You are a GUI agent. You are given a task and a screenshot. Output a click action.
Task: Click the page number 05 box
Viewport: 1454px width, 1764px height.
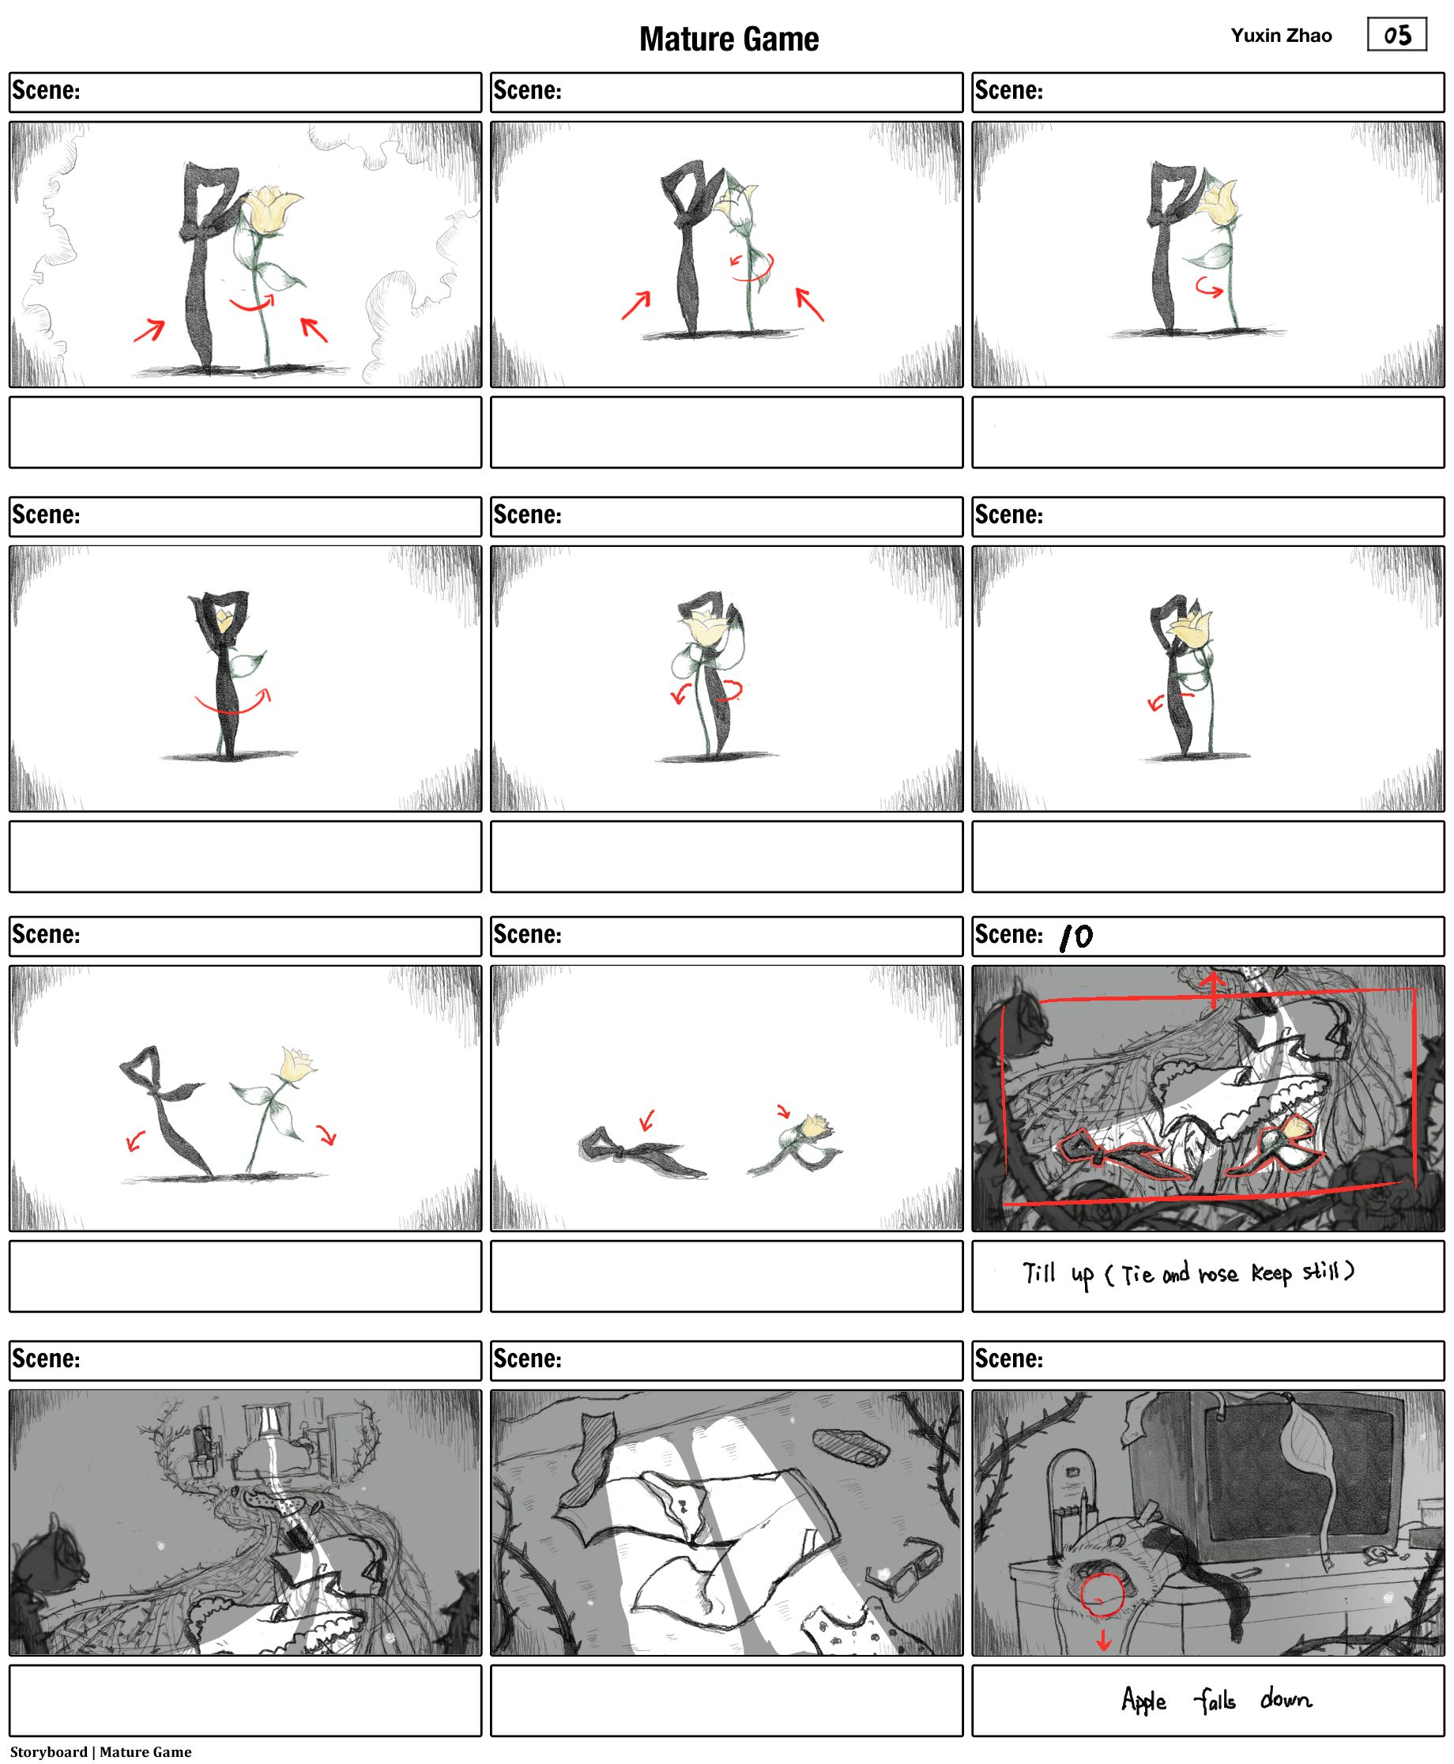[x=1396, y=34]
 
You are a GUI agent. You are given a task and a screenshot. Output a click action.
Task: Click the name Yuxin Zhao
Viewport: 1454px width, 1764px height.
[x=1281, y=36]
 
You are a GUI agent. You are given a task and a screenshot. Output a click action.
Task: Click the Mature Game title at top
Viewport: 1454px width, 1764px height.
[x=729, y=40]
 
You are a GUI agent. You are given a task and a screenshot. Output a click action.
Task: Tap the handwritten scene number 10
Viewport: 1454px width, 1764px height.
[x=1076, y=937]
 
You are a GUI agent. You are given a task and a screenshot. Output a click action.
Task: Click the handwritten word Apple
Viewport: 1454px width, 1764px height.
[x=1143, y=1699]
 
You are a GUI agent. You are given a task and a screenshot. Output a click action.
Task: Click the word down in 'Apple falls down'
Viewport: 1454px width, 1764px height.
[x=1286, y=1698]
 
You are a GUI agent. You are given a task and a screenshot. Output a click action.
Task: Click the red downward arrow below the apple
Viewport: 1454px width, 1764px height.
[x=1104, y=1639]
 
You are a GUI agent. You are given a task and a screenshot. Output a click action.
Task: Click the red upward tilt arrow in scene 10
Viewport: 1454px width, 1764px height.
[x=1214, y=989]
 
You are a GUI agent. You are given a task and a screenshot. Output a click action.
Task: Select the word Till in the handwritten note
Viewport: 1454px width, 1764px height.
[x=1038, y=1272]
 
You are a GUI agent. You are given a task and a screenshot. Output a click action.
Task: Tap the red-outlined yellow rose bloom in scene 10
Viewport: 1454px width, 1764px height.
[x=1294, y=1129]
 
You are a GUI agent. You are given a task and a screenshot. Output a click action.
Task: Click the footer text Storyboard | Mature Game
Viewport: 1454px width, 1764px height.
[x=100, y=1751]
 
